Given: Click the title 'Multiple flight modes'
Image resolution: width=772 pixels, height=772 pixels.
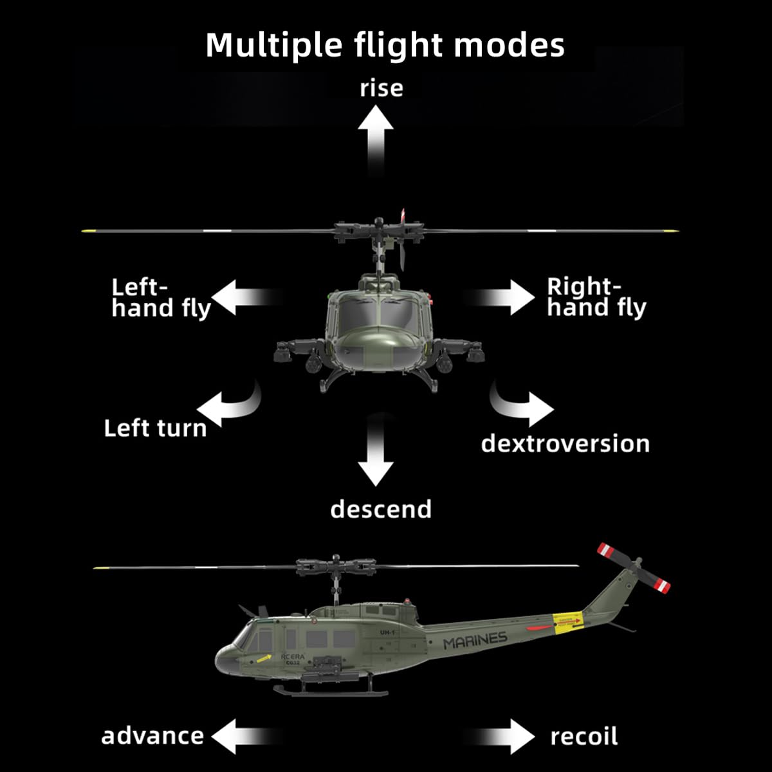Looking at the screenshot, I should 385,45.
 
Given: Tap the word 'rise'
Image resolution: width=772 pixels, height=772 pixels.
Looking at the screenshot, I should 381,88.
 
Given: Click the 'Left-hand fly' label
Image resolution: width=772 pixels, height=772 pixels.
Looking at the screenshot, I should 161,298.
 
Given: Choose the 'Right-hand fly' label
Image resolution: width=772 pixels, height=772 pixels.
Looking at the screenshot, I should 596,297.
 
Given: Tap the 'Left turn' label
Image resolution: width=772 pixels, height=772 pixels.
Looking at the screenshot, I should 155,428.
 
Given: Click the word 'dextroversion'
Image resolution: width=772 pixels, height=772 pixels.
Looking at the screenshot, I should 565,444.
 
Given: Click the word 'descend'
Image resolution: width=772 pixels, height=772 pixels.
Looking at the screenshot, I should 381,510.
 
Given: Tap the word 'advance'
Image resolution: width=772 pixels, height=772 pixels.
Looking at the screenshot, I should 152,736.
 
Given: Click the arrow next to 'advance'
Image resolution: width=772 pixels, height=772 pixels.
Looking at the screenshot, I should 241,736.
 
